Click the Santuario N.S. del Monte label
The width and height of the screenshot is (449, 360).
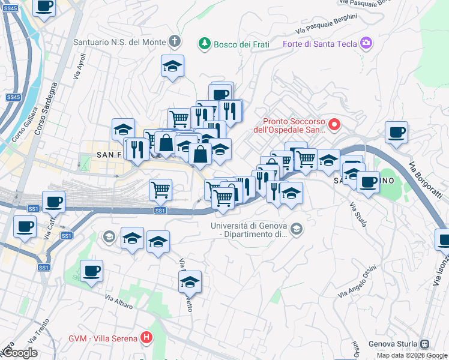click(x=119, y=43)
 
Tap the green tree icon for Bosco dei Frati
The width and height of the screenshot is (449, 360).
click(x=205, y=43)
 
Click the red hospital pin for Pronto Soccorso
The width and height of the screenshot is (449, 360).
click(x=334, y=125)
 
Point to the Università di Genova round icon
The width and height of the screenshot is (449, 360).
click(x=297, y=230)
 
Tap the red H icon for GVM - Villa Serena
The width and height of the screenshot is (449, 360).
click(x=146, y=338)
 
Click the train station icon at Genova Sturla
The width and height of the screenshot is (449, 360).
click(x=425, y=344)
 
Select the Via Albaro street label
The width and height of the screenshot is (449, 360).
click(x=118, y=302)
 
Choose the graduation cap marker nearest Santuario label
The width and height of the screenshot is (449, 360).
click(x=172, y=67)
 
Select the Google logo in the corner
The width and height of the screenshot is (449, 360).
click(x=19, y=353)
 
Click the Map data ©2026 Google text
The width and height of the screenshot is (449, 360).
click(x=412, y=355)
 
